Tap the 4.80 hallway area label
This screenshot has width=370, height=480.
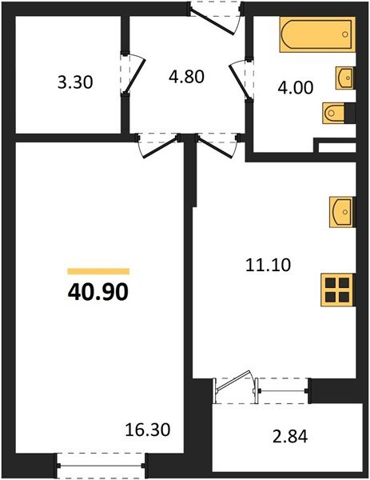click(188, 78)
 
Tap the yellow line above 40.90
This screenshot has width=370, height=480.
click(98, 272)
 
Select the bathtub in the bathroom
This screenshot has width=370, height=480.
click(316, 36)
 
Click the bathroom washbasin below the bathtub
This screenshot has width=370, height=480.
click(345, 78)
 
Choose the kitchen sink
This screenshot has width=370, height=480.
click(342, 210)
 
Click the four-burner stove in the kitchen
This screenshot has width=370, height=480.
click(336, 289)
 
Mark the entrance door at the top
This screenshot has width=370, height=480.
click(213, 14)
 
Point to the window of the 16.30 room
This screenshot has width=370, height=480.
click(102, 461)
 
